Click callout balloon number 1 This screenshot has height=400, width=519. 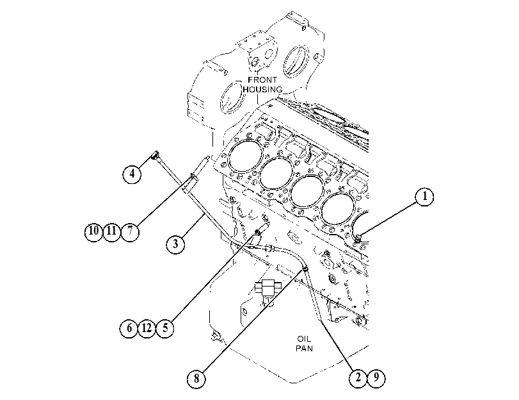[x=424, y=197]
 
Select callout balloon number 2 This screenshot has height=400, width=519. [x=358, y=378]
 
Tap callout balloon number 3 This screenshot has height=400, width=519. [x=175, y=244]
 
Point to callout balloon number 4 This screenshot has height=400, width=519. [x=132, y=174]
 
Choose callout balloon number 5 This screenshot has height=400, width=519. [x=165, y=328]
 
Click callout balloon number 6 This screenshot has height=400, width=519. [x=129, y=328]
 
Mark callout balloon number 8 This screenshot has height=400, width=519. [x=196, y=378]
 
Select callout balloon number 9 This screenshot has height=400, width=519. [x=376, y=378]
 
